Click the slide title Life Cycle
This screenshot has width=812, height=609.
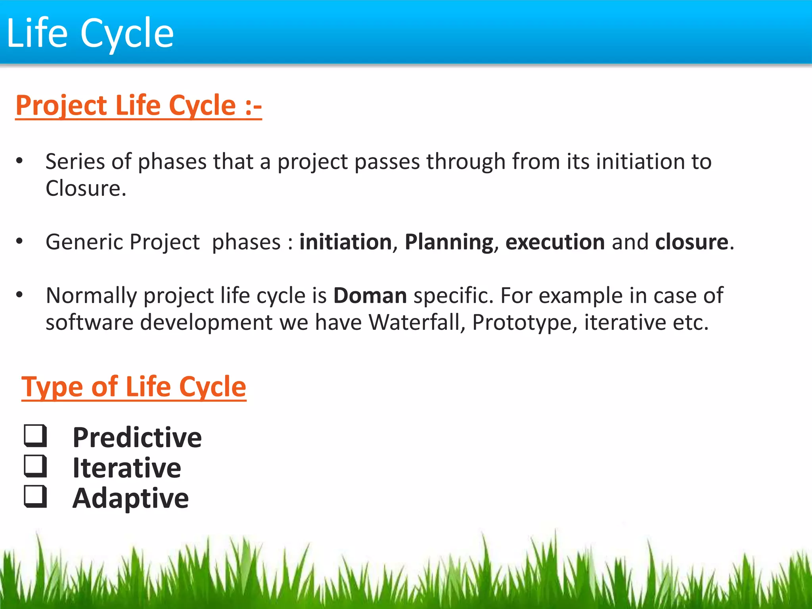point(90,33)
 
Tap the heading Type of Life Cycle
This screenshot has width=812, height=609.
point(134,387)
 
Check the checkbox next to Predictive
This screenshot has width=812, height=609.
point(36,436)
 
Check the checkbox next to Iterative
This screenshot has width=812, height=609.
point(36,466)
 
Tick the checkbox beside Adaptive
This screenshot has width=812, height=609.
point(36,496)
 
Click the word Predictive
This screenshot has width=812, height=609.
point(137,438)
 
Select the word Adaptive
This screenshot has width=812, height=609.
point(130,498)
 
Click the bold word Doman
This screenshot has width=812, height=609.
point(370,296)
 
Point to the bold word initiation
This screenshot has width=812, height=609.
point(345,242)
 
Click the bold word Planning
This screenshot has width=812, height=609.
point(449,242)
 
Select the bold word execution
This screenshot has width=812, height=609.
point(555,242)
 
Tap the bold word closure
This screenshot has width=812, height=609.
point(691,242)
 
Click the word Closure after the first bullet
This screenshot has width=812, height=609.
point(85,188)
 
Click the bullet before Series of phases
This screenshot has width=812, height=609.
point(19,161)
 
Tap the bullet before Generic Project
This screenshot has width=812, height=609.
point(19,241)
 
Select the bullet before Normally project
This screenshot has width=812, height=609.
point(19,295)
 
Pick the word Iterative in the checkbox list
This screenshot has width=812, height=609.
point(127,468)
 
